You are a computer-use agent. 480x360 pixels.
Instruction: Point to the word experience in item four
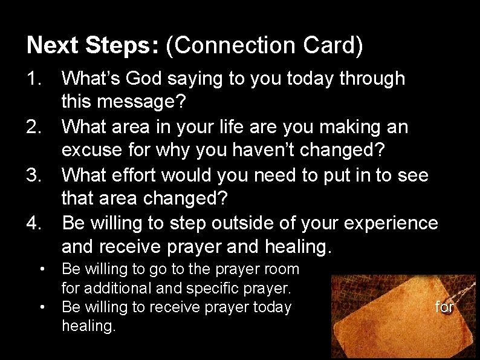(x=391, y=223)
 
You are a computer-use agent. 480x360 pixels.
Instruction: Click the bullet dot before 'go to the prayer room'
(x=41, y=268)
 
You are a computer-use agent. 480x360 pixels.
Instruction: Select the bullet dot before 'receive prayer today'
(x=41, y=307)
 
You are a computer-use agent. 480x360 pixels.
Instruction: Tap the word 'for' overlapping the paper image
(x=444, y=307)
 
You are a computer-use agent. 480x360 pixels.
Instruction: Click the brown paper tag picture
(x=387, y=315)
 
